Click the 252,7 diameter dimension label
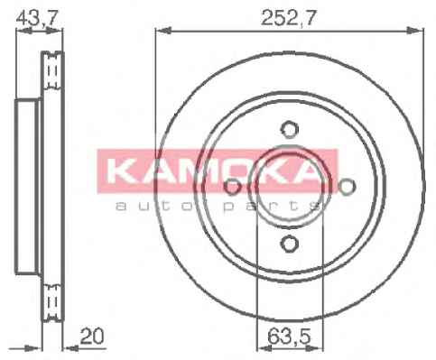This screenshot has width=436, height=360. click(x=289, y=18)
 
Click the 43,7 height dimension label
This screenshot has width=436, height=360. click(x=37, y=19)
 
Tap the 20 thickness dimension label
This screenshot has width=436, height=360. click(x=92, y=337)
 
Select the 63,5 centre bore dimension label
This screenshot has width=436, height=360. click(x=289, y=337)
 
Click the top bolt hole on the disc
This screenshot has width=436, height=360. click(x=289, y=130)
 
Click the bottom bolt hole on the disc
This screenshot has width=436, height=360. click(x=289, y=244)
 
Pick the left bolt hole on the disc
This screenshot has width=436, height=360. click(x=232, y=187)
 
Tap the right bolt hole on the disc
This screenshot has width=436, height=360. click(x=347, y=187)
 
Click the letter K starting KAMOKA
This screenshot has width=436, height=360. click(x=121, y=171)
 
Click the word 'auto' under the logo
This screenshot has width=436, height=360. click(x=156, y=206)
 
